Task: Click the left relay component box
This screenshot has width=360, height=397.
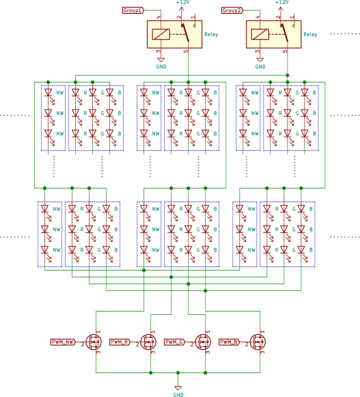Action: [x=174, y=34]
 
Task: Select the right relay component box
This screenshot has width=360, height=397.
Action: [x=273, y=34]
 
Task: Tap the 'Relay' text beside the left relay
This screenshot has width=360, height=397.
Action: [x=211, y=34]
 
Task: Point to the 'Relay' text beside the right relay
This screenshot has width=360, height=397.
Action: [x=310, y=34]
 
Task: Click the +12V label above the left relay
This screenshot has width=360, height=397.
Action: [x=182, y=3]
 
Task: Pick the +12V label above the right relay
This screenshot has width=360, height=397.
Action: [x=281, y=3]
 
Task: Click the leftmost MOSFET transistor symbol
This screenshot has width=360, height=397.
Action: [x=94, y=342]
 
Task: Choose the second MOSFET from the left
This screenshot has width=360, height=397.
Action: [x=148, y=342]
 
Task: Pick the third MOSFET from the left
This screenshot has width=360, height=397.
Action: [x=203, y=342]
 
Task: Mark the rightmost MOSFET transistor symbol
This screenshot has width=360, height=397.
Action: [x=258, y=342]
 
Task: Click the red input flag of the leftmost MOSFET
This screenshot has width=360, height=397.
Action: [x=63, y=342]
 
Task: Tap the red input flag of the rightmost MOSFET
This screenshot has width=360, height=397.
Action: [x=230, y=342]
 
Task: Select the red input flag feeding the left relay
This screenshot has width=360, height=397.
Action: [x=133, y=10]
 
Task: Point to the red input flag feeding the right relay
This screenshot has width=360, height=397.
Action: [x=232, y=10]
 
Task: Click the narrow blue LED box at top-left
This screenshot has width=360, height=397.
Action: [x=53, y=118]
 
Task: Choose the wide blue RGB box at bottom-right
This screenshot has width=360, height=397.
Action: [x=288, y=234]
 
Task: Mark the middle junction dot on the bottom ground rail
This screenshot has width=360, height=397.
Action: [x=178, y=372]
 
